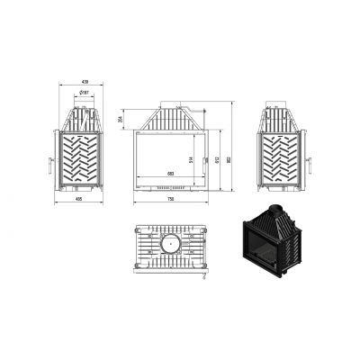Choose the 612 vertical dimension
[217, 158]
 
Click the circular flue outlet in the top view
[168, 245]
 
